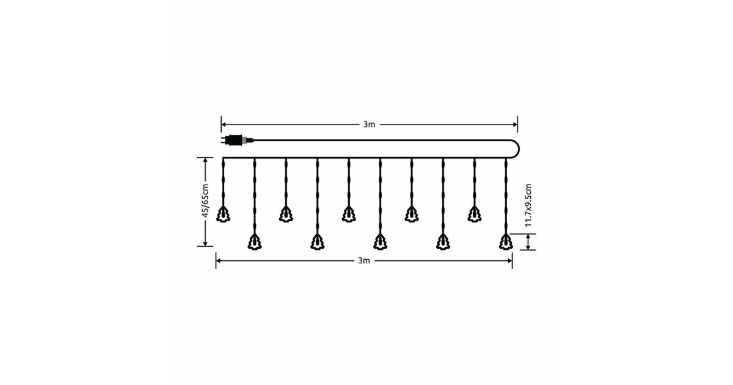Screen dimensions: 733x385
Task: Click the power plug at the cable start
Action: [237, 140]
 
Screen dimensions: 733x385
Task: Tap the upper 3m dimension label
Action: [369, 125]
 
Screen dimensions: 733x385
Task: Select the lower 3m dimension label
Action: [364, 260]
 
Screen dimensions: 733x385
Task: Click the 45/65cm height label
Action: [205, 200]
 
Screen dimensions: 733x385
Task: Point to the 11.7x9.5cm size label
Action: [528, 205]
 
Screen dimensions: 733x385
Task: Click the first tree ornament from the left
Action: [223, 215]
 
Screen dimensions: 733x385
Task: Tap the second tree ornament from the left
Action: [255, 242]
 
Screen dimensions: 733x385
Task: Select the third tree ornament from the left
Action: [286, 215]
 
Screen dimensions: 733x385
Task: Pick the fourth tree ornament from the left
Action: [318, 242]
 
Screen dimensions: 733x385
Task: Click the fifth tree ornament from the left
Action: [349, 215]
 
